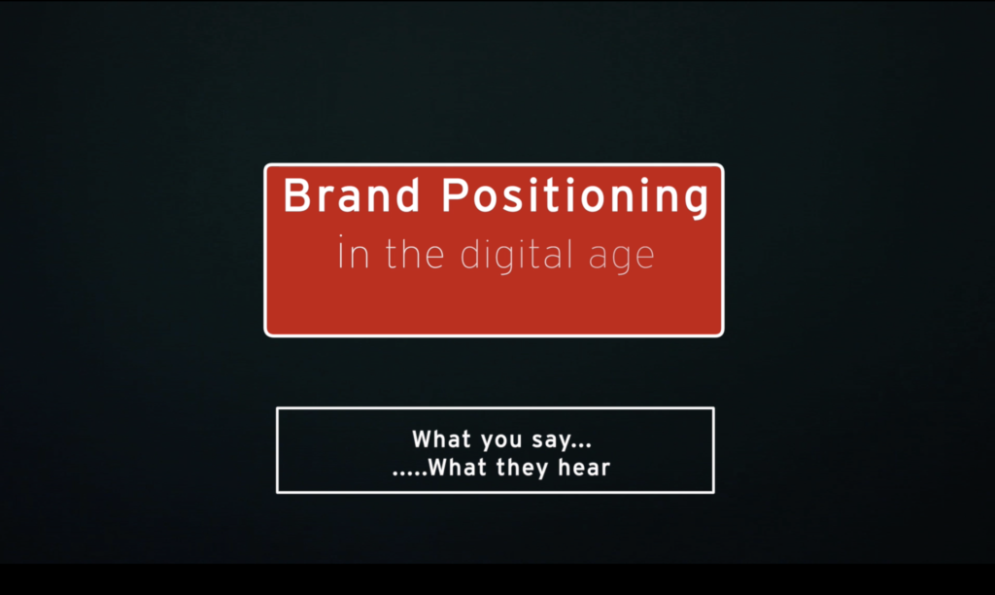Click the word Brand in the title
(352, 196)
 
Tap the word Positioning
(575, 198)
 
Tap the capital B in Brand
(296, 196)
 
